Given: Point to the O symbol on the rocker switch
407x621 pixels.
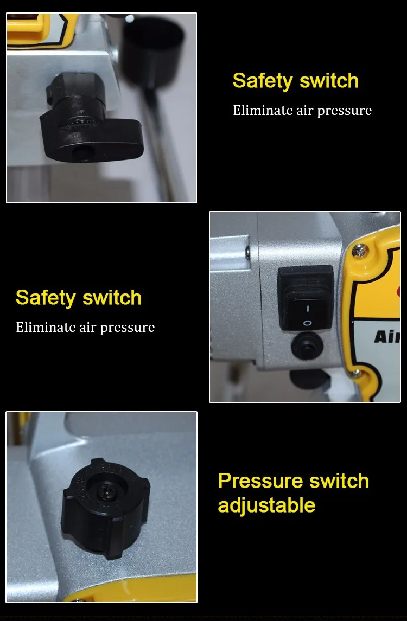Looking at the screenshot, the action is tap(307, 323).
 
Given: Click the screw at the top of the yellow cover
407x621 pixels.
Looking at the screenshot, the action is tap(359, 251).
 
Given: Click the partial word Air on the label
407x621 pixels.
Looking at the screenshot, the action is tap(387, 337).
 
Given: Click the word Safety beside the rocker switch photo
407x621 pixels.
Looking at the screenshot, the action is tap(45, 298).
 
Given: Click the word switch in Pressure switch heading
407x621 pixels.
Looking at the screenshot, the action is tap(339, 481).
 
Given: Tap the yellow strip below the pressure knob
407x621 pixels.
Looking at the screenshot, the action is tap(131, 590).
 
